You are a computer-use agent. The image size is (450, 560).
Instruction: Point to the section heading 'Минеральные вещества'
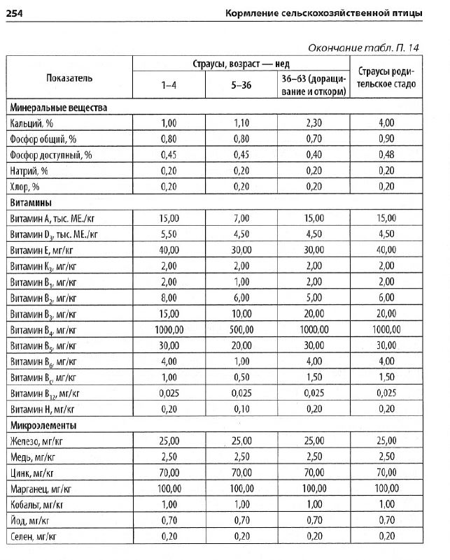click(x=58, y=108)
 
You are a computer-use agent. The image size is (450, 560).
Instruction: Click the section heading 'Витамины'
click(x=33, y=203)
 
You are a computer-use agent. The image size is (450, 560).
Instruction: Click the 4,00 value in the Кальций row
click(x=387, y=123)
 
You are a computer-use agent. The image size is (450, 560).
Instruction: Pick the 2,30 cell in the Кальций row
click(x=314, y=123)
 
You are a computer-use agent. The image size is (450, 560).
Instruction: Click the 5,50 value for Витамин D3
click(x=169, y=234)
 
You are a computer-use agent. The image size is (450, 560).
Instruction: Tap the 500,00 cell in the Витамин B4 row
click(x=241, y=329)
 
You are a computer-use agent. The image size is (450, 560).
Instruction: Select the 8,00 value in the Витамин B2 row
click(x=169, y=298)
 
